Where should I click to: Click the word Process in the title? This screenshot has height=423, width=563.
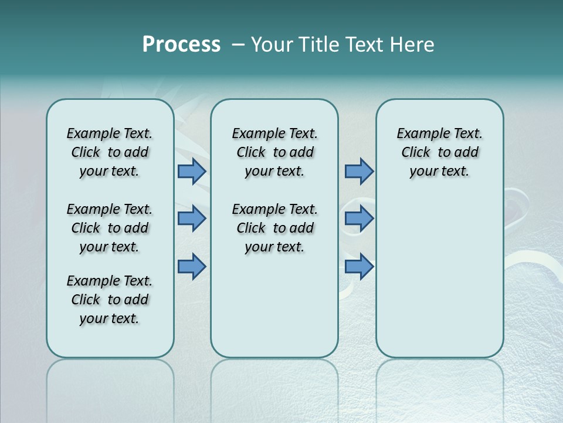(x=181, y=44)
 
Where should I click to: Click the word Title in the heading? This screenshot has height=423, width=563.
(x=319, y=45)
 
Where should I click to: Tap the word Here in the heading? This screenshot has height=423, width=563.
(x=413, y=45)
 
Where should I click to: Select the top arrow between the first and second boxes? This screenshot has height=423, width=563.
(x=192, y=172)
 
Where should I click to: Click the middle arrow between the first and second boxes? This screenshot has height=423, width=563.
(x=192, y=219)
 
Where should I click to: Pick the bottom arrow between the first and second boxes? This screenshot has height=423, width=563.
(x=192, y=267)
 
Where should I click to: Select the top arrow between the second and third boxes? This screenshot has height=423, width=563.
(x=359, y=172)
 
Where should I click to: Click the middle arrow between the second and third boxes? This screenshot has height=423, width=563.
(x=359, y=219)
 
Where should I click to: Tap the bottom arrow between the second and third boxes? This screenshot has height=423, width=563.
(x=359, y=267)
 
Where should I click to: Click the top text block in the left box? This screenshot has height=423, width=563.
(x=110, y=152)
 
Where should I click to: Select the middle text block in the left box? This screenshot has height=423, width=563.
(x=110, y=228)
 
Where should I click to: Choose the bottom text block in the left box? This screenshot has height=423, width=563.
(x=110, y=300)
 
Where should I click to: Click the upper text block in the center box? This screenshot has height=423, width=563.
(x=275, y=152)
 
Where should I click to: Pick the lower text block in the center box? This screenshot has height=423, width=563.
(x=275, y=228)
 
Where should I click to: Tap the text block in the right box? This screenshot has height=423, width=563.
(x=440, y=152)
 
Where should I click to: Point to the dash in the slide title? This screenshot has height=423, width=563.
(x=238, y=45)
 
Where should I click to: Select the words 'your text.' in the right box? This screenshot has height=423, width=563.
(x=440, y=172)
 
